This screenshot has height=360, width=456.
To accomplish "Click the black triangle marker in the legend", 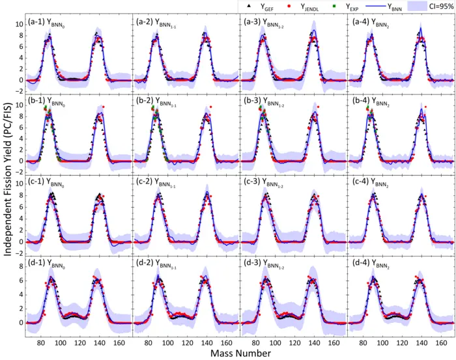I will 248,7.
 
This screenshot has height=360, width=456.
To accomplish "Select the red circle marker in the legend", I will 291,7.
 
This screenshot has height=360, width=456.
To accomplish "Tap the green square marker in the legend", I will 338,7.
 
